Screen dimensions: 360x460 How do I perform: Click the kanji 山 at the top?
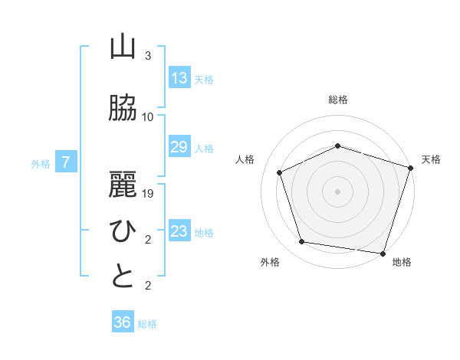click(x=123, y=48)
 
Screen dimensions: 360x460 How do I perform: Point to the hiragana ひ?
click(x=123, y=229)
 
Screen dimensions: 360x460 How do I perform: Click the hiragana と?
click(x=123, y=276)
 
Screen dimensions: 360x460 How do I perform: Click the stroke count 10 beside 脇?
click(x=148, y=117)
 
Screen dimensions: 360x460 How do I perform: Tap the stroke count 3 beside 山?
click(x=148, y=57)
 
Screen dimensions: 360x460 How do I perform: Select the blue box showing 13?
click(x=179, y=78)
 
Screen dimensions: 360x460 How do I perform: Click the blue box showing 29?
click(x=179, y=147)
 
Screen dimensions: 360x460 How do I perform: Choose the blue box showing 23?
click(x=179, y=231)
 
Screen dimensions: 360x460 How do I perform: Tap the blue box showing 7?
click(x=67, y=162)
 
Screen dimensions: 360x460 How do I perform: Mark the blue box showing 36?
click(x=123, y=322)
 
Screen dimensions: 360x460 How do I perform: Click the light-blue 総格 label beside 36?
click(x=147, y=324)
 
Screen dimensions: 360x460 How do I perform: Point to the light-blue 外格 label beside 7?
click(x=41, y=163)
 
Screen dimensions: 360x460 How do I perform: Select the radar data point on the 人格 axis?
click(x=279, y=172)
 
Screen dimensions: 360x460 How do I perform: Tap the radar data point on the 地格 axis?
click(x=383, y=253)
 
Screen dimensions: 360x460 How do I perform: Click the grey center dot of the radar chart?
click(x=337, y=191)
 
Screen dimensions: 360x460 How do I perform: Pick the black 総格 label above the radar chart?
click(x=338, y=100)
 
